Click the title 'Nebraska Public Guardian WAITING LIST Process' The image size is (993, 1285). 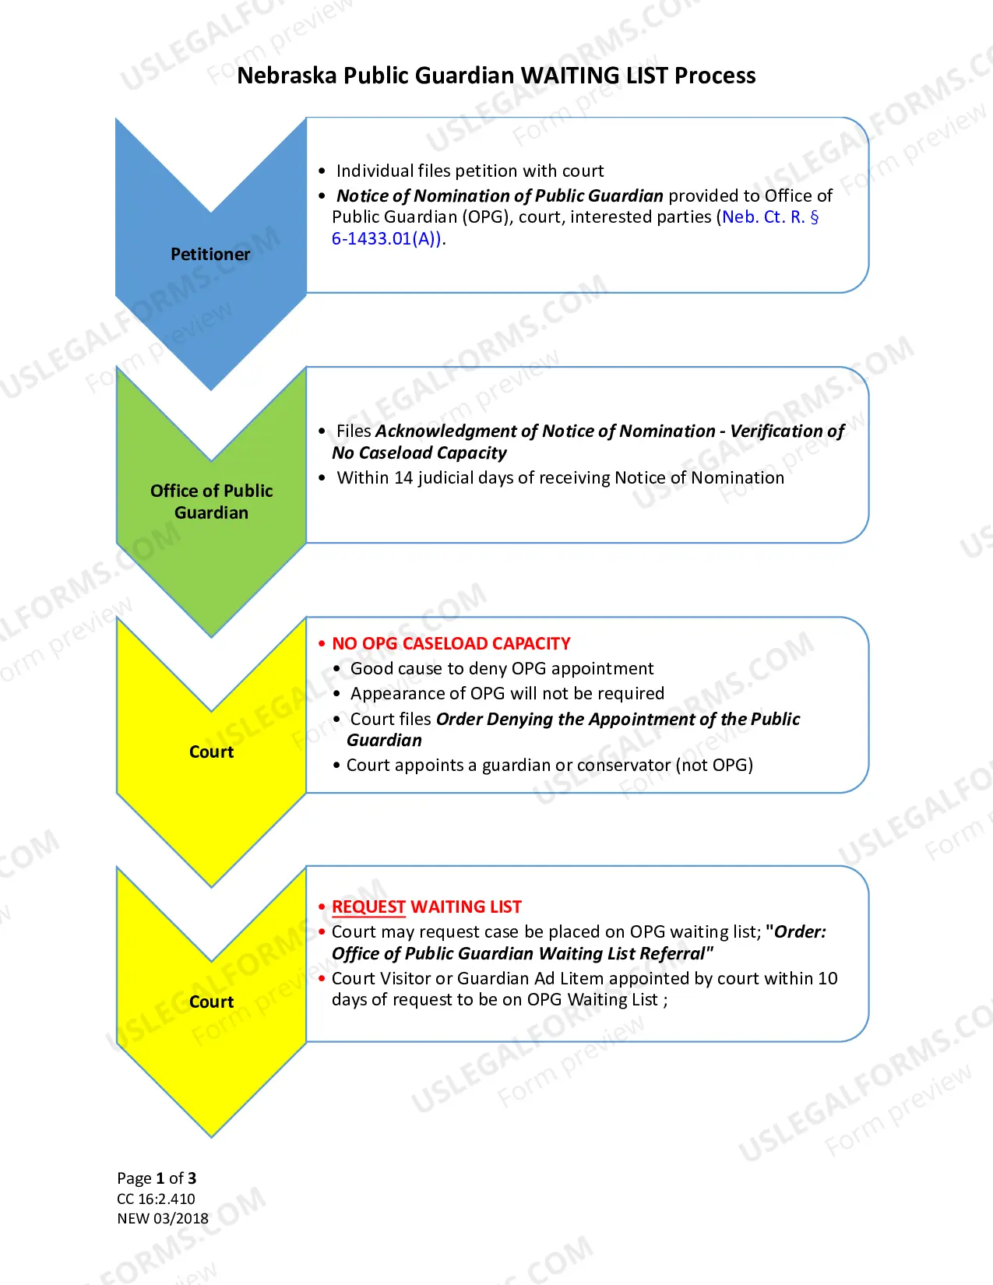click(496, 76)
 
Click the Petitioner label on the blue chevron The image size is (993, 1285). click(210, 255)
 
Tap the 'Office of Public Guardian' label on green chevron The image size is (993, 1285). click(211, 502)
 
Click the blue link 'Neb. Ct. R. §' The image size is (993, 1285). click(770, 217)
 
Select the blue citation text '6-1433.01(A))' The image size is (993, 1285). click(386, 238)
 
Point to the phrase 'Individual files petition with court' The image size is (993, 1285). click(470, 171)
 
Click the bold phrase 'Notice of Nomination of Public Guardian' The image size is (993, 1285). click(500, 195)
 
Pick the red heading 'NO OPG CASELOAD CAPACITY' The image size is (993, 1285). click(451, 643)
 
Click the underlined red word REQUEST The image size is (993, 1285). click(368, 907)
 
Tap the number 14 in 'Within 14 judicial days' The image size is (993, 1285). click(403, 478)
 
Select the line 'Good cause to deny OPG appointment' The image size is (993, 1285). click(502, 669)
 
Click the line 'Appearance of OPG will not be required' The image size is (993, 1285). click(508, 694)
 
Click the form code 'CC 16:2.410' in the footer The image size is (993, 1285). click(156, 1199)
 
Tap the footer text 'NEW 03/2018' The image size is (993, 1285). click(163, 1218)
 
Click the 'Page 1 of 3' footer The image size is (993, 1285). click(157, 1178)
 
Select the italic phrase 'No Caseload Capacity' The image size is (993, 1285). click(419, 453)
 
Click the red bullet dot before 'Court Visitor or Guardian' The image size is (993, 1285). click(322, 979)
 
